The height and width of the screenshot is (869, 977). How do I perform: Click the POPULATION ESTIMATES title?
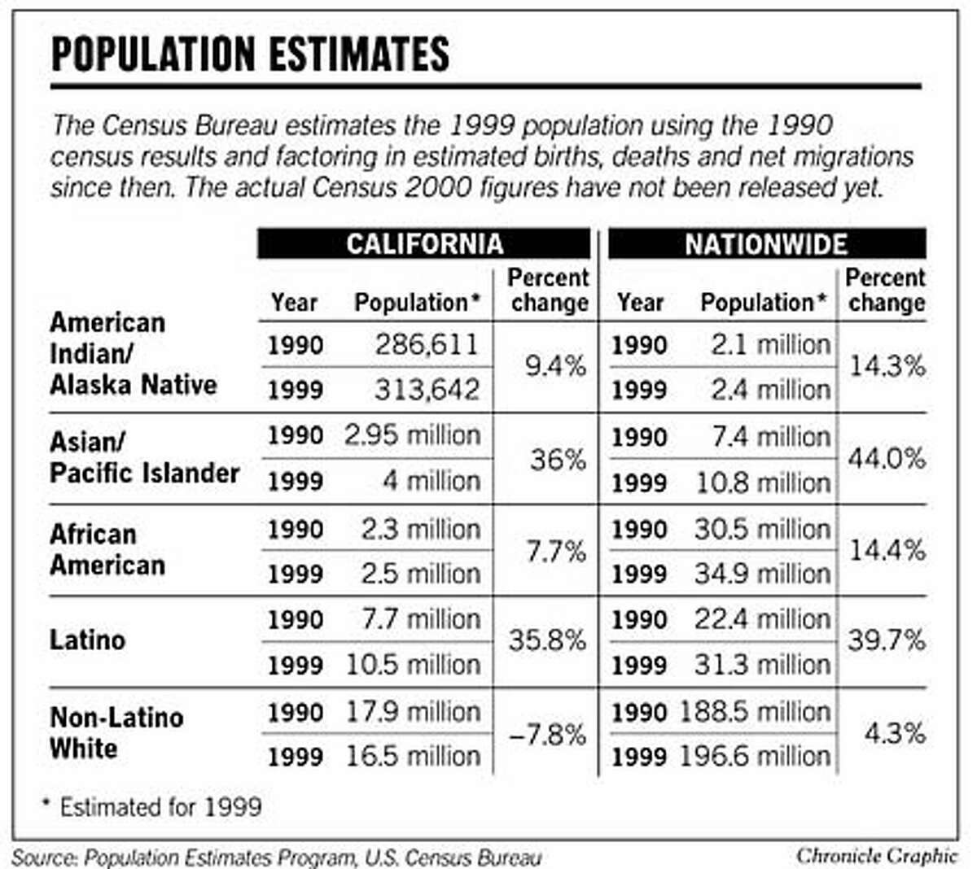250,54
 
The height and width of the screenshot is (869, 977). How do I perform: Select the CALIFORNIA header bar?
424,244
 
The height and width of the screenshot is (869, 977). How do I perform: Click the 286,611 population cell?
427,345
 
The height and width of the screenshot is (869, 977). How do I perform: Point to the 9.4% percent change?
555,366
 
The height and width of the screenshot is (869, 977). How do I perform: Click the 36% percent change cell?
559,460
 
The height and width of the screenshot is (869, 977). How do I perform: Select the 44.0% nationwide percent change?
887,459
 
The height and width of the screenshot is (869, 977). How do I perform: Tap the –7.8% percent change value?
547,735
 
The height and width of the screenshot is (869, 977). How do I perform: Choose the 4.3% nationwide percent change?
894,733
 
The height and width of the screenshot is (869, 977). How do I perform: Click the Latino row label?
87,640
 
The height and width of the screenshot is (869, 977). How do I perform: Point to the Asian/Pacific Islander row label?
144,457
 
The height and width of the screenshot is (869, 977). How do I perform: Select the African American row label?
107,549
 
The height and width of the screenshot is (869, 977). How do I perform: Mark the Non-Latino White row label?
116,732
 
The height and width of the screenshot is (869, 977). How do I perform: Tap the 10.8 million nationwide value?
763,483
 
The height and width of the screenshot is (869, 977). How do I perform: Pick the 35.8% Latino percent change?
547,640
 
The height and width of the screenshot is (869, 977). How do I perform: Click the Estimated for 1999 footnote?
152,807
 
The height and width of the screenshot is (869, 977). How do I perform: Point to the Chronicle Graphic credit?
876,855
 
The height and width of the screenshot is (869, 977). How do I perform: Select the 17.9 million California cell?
413,712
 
